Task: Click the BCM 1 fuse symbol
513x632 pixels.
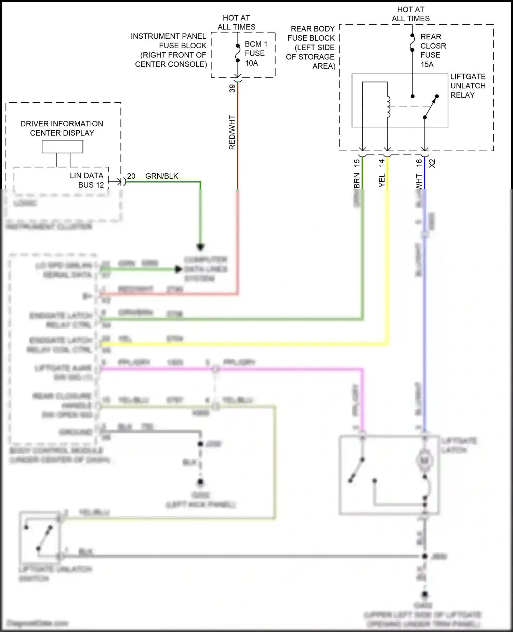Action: [238, 53]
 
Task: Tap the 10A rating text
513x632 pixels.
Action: [251, 63]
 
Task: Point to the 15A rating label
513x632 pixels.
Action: [427, 64]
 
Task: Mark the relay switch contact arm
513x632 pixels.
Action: [431, 107]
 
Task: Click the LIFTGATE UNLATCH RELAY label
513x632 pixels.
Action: [468, 86]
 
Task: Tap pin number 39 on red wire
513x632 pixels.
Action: [232, 88]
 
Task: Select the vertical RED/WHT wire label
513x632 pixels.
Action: [232, 132]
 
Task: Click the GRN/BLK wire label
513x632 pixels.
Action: [162, 176]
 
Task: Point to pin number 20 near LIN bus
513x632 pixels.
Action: [131, 176]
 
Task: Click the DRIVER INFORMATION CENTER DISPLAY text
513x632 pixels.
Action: [62, 128]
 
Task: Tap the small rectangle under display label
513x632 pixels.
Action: [62, 147]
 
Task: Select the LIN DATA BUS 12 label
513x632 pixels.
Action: [87, 180]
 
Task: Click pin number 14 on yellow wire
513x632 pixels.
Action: [382, 163]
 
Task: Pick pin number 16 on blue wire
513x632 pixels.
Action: [419, 163]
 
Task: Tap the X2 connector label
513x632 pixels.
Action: [432, 163]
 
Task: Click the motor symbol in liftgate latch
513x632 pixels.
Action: [424, 461]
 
